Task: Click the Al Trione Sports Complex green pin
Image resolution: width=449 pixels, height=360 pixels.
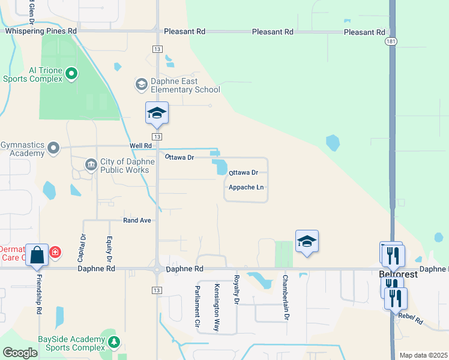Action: click(x=71, y=74)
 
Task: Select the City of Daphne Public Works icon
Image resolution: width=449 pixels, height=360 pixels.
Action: click(x=91, y=164)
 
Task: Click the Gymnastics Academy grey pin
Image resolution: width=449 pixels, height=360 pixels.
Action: click(x=53, y=147)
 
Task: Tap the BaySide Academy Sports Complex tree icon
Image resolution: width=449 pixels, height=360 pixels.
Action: click(x=114, y=342)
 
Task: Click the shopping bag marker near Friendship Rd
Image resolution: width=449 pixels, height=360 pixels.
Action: click(x=37, y=255)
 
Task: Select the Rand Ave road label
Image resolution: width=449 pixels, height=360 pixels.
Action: click(x=137, y=220)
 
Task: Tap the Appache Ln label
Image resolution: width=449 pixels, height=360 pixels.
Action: click(x=246, y=187)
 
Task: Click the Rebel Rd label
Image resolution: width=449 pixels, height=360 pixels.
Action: click(x=410, y=319)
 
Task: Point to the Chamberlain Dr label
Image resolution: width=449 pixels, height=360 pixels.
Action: click(x=286, y=298)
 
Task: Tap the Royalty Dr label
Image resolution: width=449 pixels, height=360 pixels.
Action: click(x=237, y=289)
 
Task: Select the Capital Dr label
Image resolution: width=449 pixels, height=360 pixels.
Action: click(x=81, y=248)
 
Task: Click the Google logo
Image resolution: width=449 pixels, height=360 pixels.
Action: click(x=20, y=353)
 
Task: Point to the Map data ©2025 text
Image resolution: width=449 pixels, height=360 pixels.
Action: click(x=423, y=355)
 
